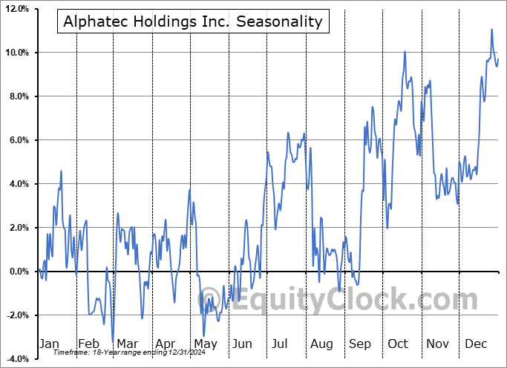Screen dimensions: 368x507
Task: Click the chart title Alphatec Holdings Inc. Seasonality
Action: [x=193, y=22]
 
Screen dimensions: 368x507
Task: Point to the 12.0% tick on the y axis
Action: [x=16, y=9]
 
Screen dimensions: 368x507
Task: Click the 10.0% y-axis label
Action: [x=16, y=53]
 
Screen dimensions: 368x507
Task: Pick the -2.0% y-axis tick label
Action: [x=16, y=315]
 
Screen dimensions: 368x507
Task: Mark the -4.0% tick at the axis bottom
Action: [x=16, y=359]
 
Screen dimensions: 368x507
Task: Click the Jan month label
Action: [x=48, y=344]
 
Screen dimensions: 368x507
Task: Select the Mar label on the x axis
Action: [x=128, y=344]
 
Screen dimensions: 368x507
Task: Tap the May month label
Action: [x=205, y=344]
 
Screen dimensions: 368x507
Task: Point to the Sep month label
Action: [x=360, y=344]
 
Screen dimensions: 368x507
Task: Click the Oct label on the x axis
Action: [x=399, y=344]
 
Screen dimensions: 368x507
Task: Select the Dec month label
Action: [x=475, y=344]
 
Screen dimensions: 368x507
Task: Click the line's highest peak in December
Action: [x=491, y=30]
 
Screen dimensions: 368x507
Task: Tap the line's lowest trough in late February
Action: [x=113, y=342]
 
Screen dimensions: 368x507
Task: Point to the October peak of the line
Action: [x=405, y=52]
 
